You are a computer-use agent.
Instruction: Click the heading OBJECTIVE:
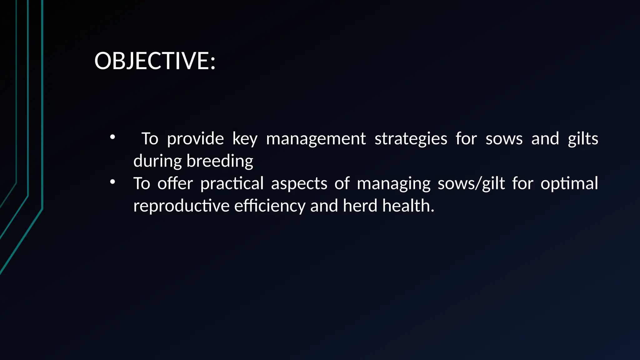155,61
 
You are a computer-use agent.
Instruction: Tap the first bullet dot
112,137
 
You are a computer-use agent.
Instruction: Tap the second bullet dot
112,182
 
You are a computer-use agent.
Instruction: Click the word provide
195,139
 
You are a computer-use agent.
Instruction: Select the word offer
175,183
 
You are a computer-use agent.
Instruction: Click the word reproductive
181,206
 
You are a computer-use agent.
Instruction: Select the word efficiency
270,206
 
